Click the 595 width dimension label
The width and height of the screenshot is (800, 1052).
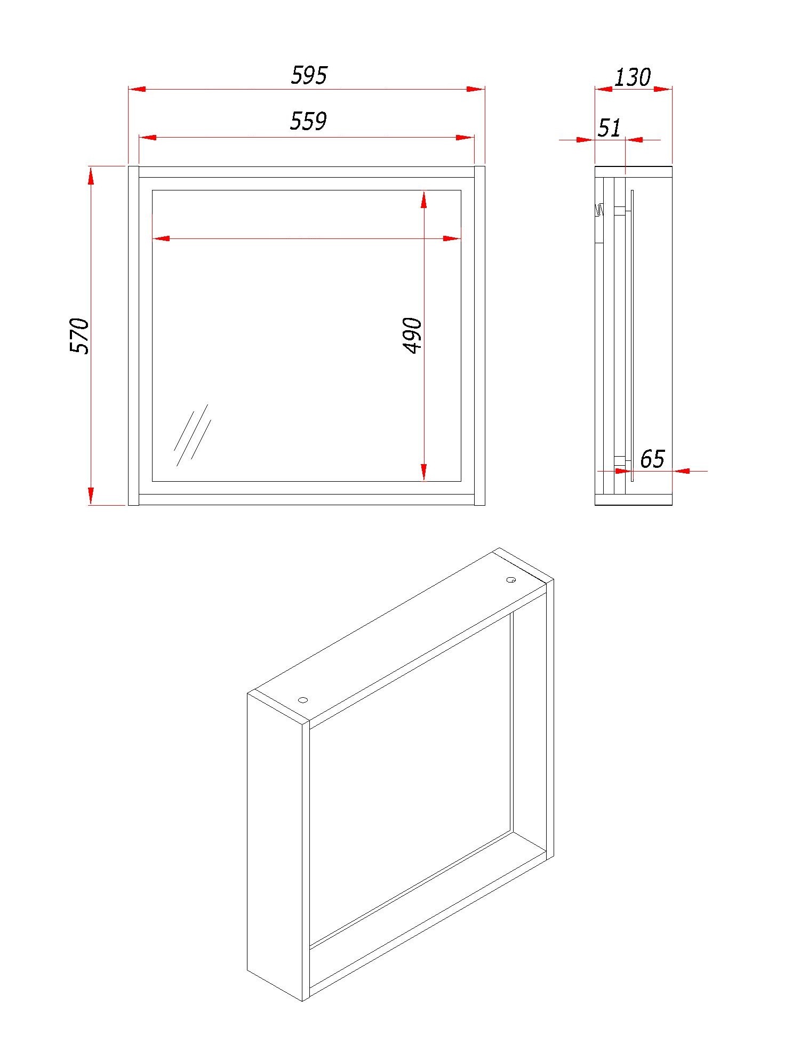309,75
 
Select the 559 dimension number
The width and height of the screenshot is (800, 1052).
308,121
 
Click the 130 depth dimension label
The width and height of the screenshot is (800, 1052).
633,77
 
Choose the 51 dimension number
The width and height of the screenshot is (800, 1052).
610,128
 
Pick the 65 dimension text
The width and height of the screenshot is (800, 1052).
652,459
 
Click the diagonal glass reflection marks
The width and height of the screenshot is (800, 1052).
192,435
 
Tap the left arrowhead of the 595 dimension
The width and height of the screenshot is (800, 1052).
137,89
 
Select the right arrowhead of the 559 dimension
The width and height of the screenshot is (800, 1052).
466,138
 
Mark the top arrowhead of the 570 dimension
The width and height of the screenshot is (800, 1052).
91,175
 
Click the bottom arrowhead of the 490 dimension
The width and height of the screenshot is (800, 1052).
423,472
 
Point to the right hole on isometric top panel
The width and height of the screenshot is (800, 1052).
510,580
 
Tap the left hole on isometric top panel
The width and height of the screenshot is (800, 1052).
303,699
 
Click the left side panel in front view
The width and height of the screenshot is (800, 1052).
133,336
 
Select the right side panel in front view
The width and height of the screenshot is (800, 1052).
479,336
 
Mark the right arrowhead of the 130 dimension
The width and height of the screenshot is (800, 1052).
663,89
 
